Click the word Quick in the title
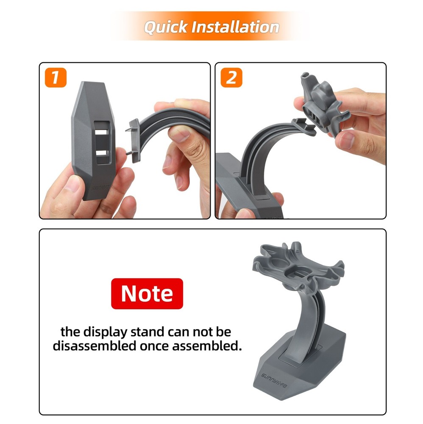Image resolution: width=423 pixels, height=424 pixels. [x=166, y=27]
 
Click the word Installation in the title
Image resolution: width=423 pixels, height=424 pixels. [x=235, y=27]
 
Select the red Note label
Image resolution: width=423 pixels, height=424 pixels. [x=147, y=293]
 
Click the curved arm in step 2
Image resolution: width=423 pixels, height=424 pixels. [x=259, y=153]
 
